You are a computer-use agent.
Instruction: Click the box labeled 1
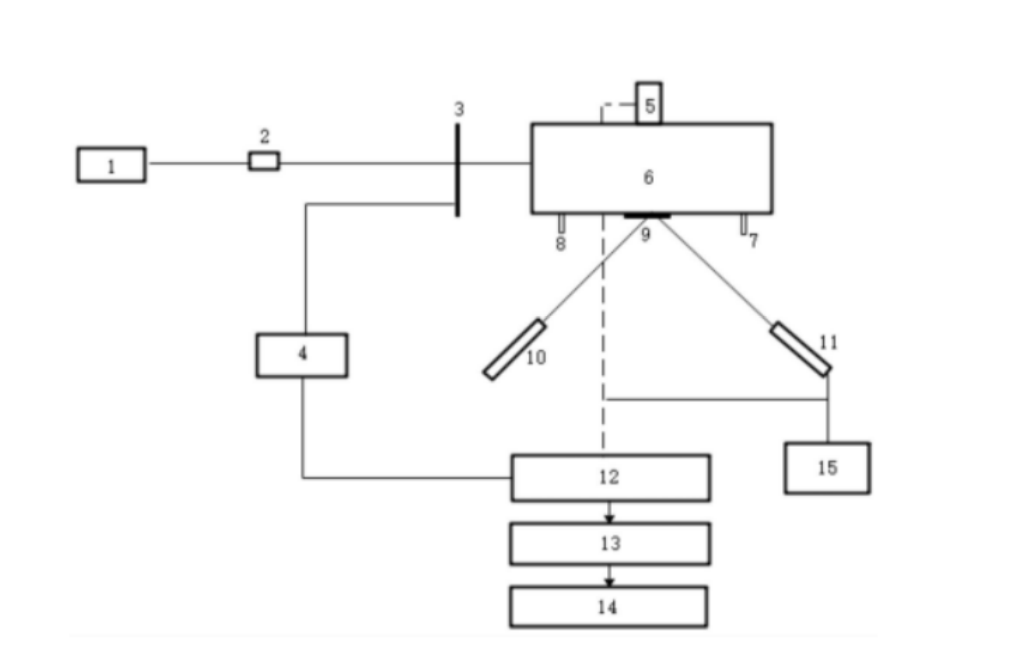tap(111, 165)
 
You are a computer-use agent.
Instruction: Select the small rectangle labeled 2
tap(264, 161)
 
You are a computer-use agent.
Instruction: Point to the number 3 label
tap(458, 109)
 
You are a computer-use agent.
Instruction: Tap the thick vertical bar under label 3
tap(457, 170)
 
